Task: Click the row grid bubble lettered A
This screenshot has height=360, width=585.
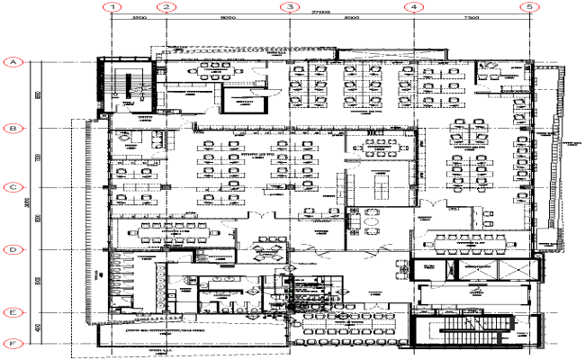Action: [x=13, y=62]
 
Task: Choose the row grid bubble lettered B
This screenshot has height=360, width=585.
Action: [x=13, y=129]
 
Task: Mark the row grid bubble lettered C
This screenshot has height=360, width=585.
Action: [x=13, y=188]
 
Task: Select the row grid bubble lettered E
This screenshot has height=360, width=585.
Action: [x=13, y=312]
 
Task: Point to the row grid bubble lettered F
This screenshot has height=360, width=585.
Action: [x=13, y=343]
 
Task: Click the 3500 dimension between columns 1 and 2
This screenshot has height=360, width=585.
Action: [x=139, y=18]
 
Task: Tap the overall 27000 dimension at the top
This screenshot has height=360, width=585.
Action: [x=320, y=12]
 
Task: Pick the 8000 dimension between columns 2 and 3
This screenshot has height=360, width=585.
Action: [x=227, y=18]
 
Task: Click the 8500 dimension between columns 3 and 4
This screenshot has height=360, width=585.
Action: [x=351, y=18]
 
